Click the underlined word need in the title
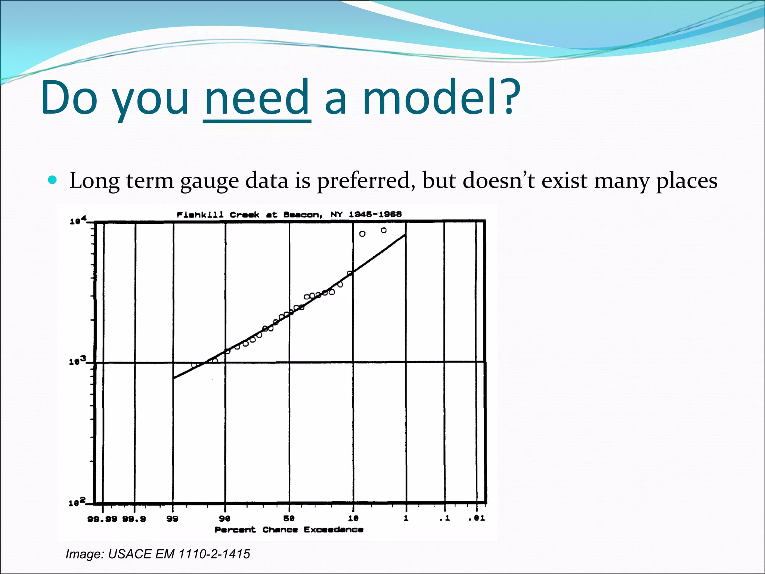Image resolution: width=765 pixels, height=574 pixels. (x=257, y=98)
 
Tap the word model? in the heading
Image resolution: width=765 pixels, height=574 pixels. (x=442, y=98)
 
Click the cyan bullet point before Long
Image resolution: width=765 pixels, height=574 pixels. (x=53, y=180)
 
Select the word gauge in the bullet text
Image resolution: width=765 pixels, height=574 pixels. (x=209, y=181)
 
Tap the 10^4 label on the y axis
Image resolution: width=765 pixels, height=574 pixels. (x=78, y=220)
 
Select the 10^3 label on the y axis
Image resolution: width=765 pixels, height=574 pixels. (x=77, y=361)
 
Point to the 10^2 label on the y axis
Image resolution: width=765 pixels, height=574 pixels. (x=77, y=502)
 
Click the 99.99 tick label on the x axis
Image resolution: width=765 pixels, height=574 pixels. (x=102, y=519)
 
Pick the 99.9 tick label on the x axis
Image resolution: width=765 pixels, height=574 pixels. (x=134, y=519)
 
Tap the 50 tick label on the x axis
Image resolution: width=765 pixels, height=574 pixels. (x=289, y=518)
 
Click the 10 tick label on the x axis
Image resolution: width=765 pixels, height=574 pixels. (x=353, y=518)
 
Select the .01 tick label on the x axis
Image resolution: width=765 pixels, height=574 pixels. (x=477, y=518)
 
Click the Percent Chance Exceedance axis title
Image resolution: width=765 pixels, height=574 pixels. (x=289, y=530)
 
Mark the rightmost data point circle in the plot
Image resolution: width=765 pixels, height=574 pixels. (x=384, y=230)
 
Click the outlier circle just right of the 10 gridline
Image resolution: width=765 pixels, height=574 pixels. (x=362, y=234)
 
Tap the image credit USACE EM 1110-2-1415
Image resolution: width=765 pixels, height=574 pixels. (x=158, y=554)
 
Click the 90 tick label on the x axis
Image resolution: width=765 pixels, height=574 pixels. (x=224, y=519)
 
